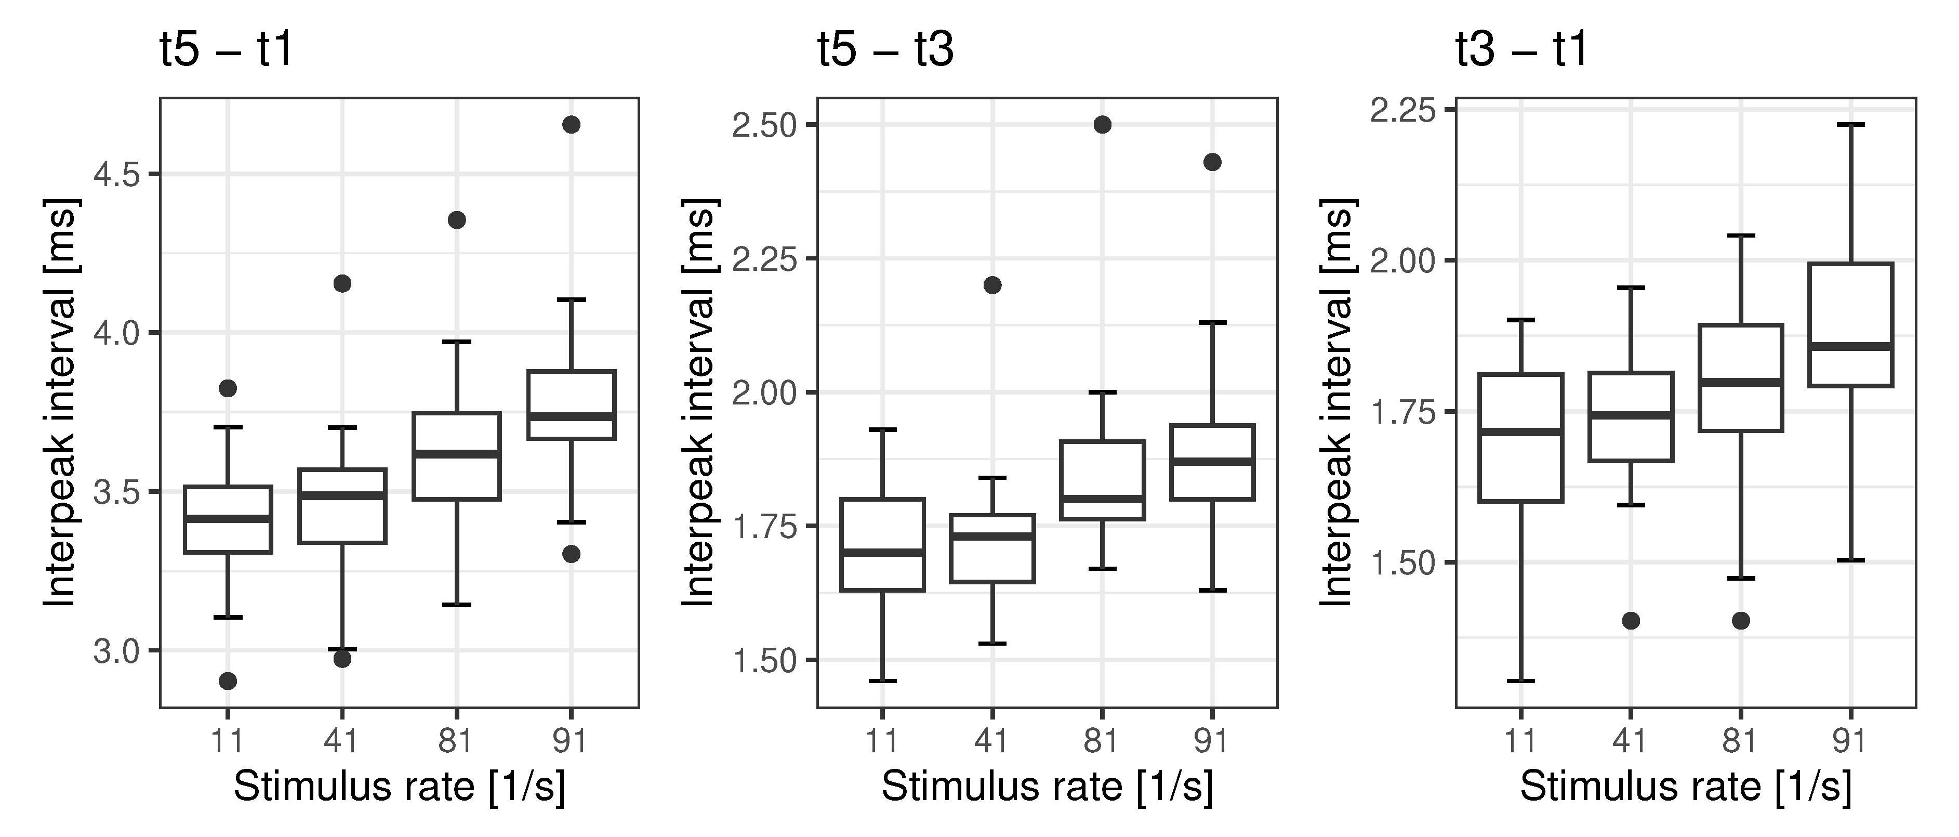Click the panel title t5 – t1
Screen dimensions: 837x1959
click(226, 50)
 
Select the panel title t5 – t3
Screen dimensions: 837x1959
click(885, 50)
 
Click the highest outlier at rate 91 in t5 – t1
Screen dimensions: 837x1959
click(571, 125)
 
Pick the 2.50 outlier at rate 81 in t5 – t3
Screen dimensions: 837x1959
click(1102, 125)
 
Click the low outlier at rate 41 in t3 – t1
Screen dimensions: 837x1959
click(1631, 621)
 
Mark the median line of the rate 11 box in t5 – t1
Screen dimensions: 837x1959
click(228, 519)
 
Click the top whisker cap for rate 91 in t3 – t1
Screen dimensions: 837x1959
click(1850, 124)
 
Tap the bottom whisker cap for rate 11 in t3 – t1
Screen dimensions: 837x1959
click(1521, 680)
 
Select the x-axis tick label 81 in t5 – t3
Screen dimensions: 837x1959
click(1101, 740)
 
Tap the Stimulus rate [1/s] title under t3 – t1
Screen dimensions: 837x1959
click(1685, 787)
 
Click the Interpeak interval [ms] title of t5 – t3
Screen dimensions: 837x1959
click(698, 403)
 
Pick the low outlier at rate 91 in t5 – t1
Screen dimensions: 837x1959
click(571, 554)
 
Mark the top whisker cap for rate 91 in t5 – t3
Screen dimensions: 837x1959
click(1212, 323)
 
